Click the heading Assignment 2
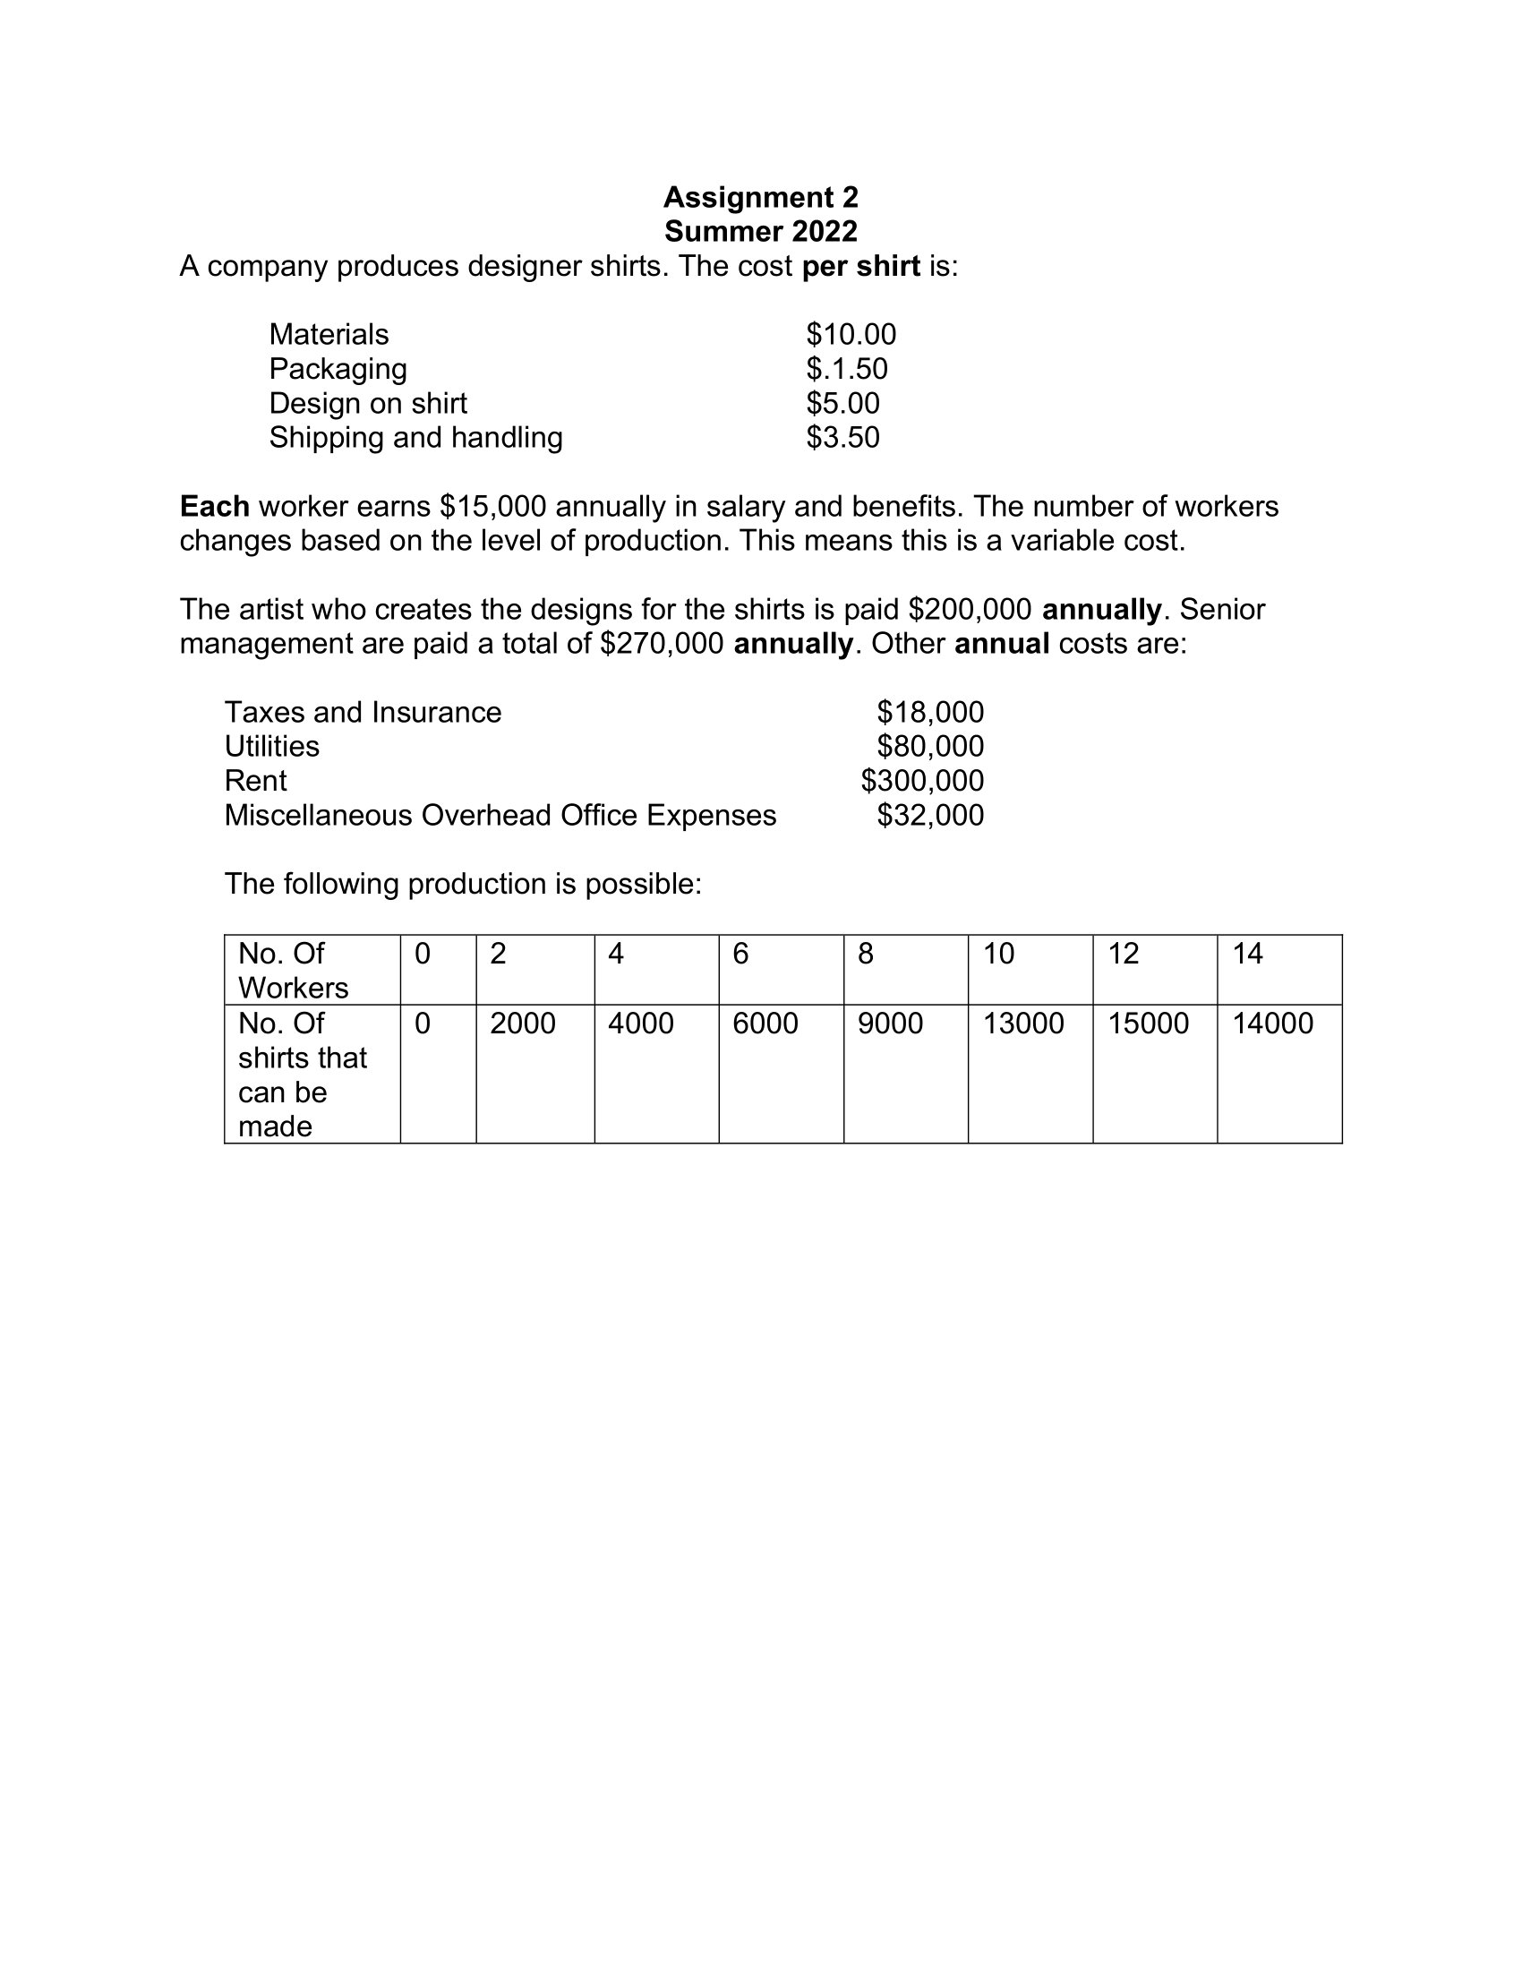click(760, 197)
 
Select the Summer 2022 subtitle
click(760, 231)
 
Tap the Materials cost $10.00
click(851, 335)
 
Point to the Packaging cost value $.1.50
click(846, 369)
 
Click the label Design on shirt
click(368, 403)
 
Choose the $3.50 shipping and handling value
click(842, 438)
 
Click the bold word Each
click(215, 507)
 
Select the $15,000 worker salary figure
click(492, 507)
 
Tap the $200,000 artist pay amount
click(970, 610)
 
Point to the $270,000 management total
click(661, 644)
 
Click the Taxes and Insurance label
click(363, 713)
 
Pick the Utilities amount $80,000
click(929, 747)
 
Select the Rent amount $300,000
click(921, 781)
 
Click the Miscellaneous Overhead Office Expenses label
click(500, 816)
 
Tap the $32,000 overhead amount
click(929, 816)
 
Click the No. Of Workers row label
click(293, 971)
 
